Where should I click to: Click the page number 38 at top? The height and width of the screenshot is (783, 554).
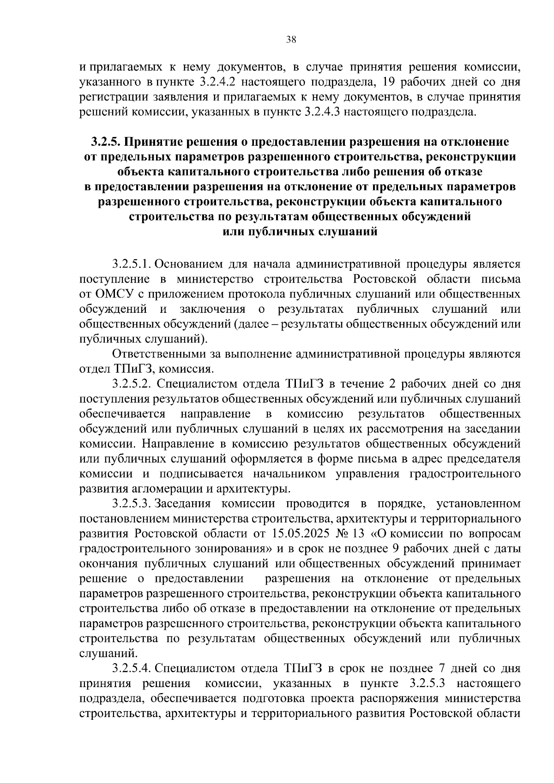[x=291, y=40]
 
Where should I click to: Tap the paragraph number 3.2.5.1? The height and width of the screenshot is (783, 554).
[x=132, y=264]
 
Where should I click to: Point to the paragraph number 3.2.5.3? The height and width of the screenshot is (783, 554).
[x=132, y=503]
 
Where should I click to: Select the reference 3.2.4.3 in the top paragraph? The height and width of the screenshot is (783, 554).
[x=324, y=112]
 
